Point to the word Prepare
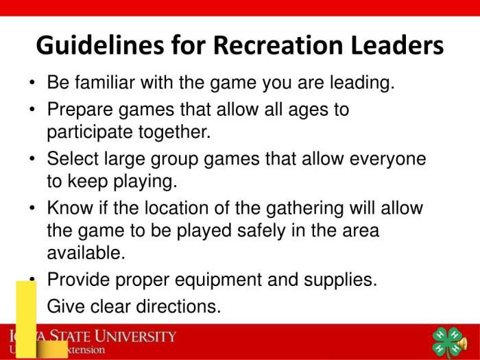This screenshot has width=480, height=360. (x=78, y=109)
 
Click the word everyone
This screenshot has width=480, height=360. (x=388, y=159)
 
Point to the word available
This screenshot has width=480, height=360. (x=86, y=252)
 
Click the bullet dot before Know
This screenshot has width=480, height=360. (x=33, y=208)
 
